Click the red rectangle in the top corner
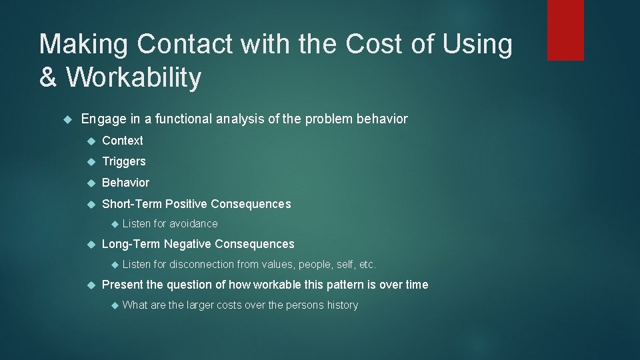tap(565, 30)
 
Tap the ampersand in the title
tap(48, 77)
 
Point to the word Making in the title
tap(83, 45)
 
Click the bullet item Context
tap(122, 141)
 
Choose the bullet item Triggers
tap(123, 161)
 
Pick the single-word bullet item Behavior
tap(125, 183)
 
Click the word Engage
tap(101, 119)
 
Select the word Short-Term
tap(131, 204)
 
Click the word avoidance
tap(193, 224)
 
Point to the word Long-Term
tap(131, 245)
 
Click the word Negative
tap(188, 245)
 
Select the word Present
tap(123, 285)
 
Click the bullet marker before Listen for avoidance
tap(113, 224)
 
